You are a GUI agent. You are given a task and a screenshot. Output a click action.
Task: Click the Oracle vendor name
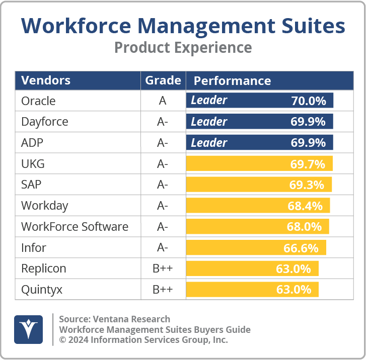pos(38,101)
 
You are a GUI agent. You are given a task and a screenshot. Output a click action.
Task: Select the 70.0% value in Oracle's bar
pos(309,101)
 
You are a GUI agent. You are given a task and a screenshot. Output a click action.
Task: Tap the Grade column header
pos(163,80)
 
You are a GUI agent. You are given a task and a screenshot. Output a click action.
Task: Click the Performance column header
pos(232,81)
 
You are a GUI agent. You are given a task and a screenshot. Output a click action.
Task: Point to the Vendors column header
pos(46,80)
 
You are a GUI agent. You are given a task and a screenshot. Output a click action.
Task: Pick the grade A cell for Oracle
pos(163,101)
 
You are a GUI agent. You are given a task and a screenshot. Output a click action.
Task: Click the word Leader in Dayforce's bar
pos(209,122)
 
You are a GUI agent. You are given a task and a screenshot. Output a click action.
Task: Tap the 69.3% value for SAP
pos(307,185)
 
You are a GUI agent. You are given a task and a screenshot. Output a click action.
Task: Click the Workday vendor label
pos(44,206)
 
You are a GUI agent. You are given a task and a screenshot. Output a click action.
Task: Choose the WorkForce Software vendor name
pos(75,227)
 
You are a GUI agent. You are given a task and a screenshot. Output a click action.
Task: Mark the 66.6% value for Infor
pos(301,248)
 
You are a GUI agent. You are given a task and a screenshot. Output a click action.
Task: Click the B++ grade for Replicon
pos(163,269)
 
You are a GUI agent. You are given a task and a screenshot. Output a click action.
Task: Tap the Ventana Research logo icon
pos(28,330)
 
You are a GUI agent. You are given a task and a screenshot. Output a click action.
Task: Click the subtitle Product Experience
pos(183,47)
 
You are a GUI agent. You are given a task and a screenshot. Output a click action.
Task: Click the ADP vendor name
pos(32,143)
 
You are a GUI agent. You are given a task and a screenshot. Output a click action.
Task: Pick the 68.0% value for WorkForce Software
pos(304,227)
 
